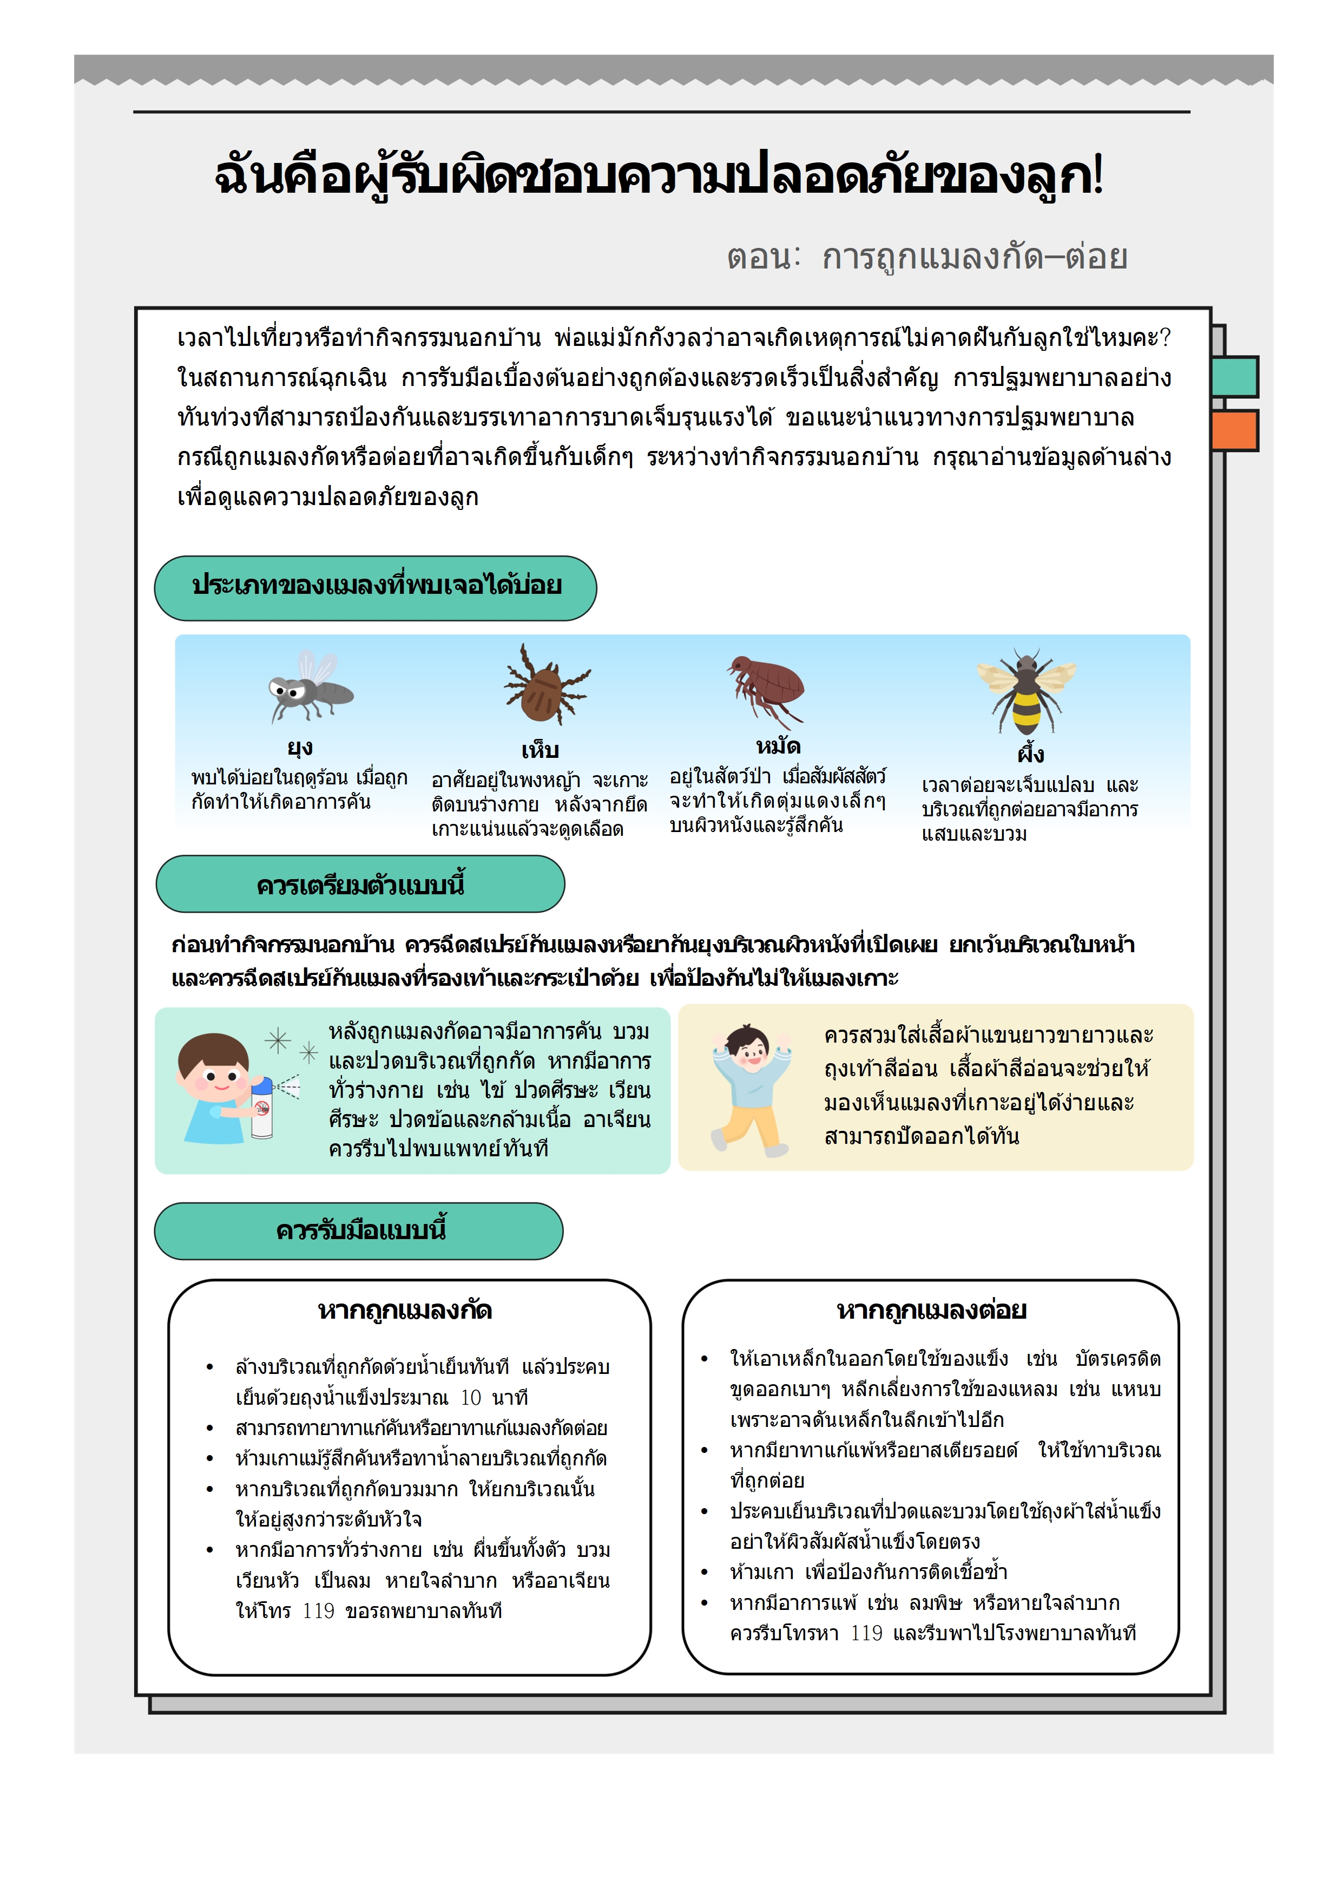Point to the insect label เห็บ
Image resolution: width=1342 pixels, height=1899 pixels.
tap(540, 750)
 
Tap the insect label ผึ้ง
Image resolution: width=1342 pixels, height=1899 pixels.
tap(1031, 754)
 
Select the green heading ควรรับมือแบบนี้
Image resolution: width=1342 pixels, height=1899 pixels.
tap(360, 1230)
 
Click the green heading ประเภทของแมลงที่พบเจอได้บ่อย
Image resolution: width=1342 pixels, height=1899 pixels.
tap(376, 586)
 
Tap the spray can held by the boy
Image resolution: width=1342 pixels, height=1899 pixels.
tap(262, 1108)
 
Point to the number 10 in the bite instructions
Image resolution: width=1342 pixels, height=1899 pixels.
tap(470, 1398)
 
